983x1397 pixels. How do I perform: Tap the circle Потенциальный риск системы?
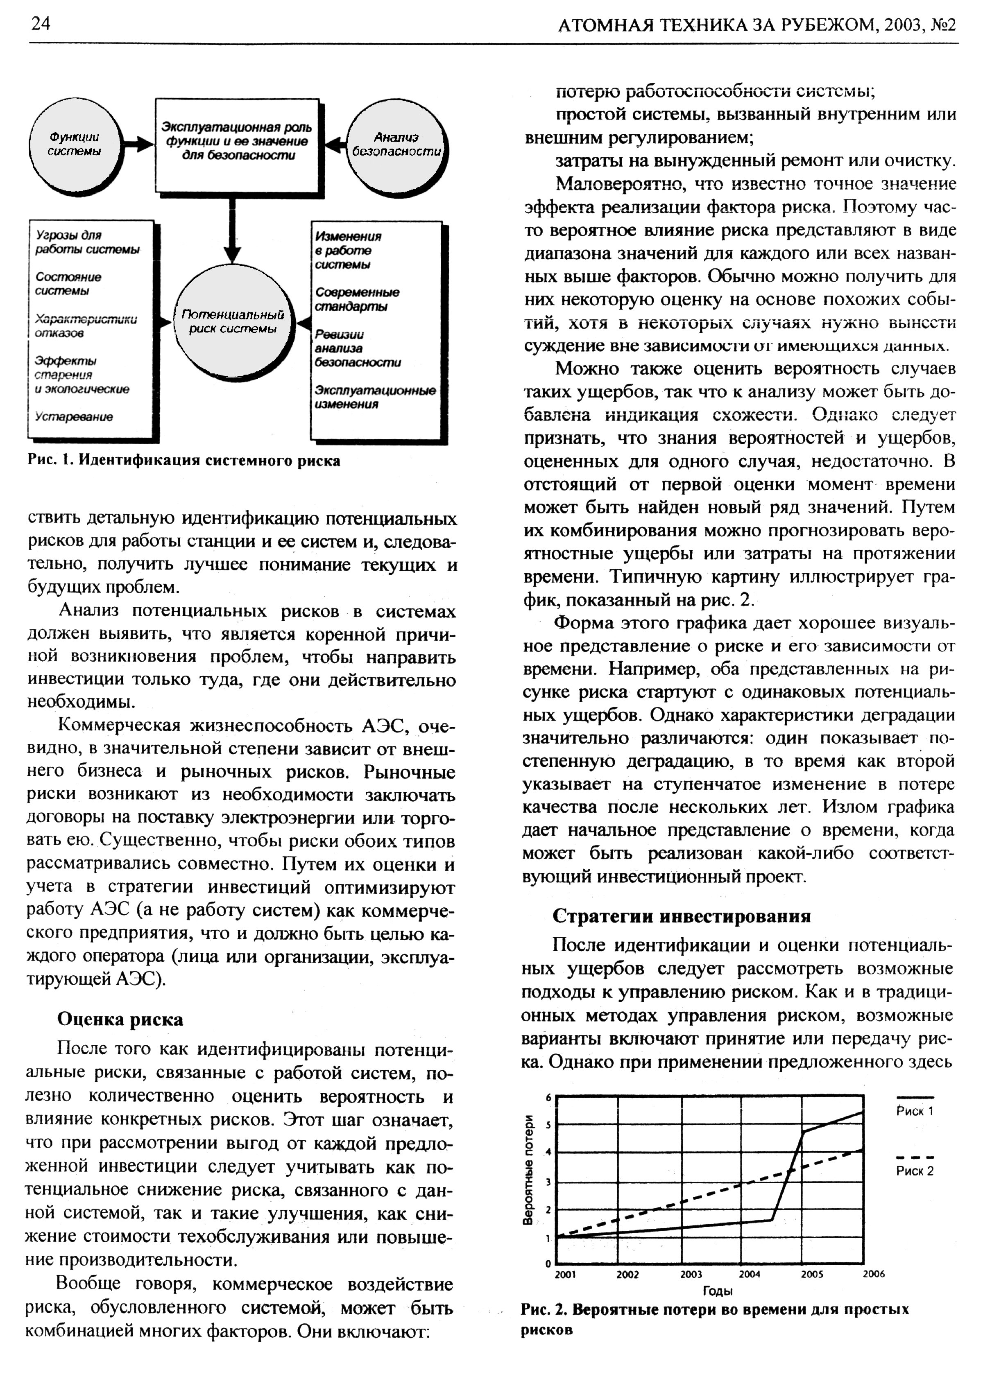(233, 322)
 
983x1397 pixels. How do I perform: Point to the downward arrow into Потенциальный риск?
(231, 231)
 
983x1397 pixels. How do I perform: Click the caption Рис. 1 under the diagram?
(184, 461)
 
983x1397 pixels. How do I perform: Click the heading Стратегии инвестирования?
(682, 916)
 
